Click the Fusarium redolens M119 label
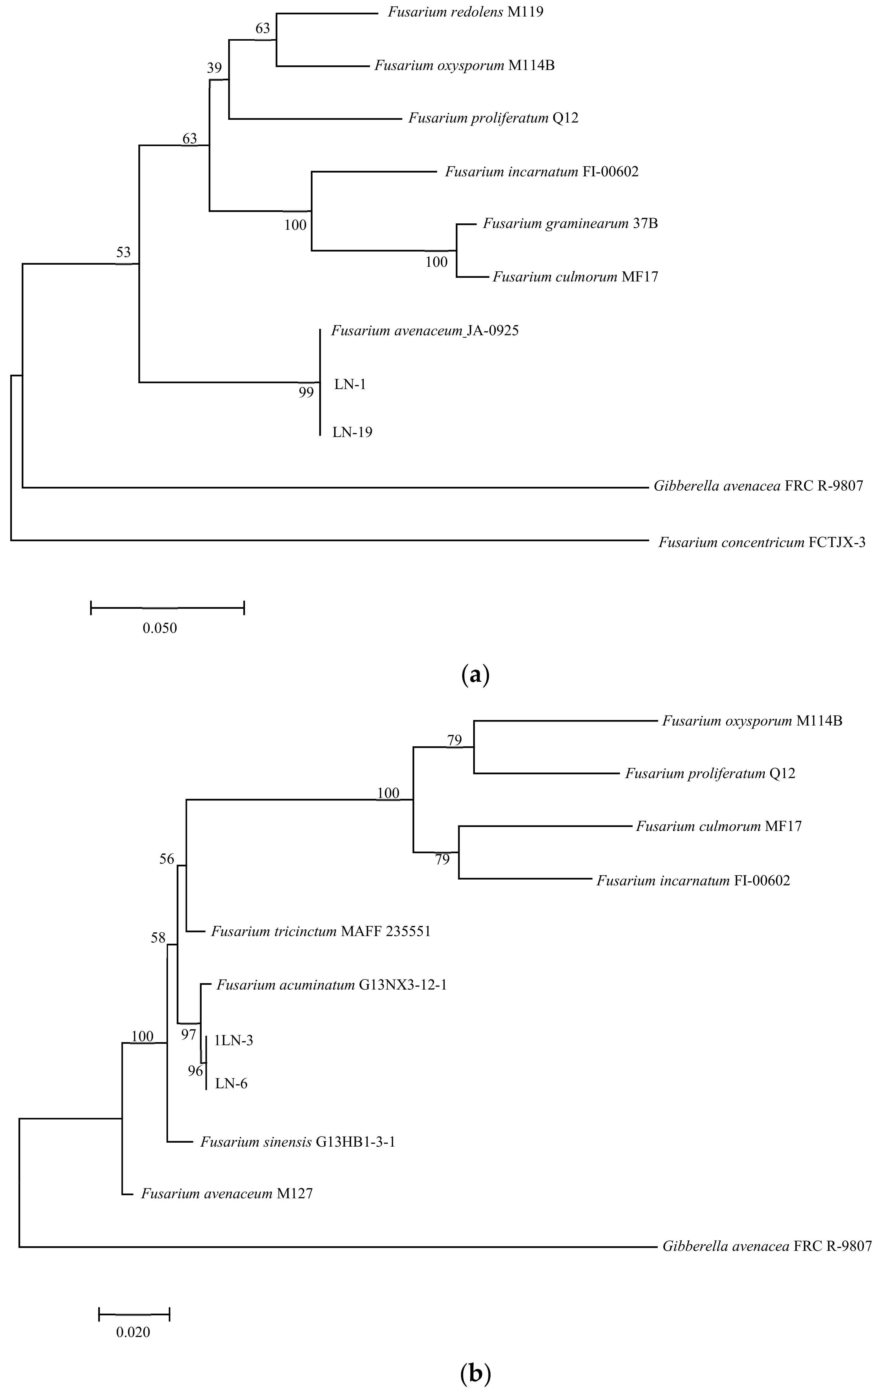point(466,12)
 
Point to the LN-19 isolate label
point(352,432)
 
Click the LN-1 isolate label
point(350,384)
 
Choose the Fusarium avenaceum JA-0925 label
point(425,331)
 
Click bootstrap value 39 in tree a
point(214,68)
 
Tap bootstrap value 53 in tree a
point(123,252)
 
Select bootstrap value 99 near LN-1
point(306,392)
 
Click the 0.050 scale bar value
point(160,628)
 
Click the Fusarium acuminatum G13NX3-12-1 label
point(331,985)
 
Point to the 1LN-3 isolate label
point(234,1041)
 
